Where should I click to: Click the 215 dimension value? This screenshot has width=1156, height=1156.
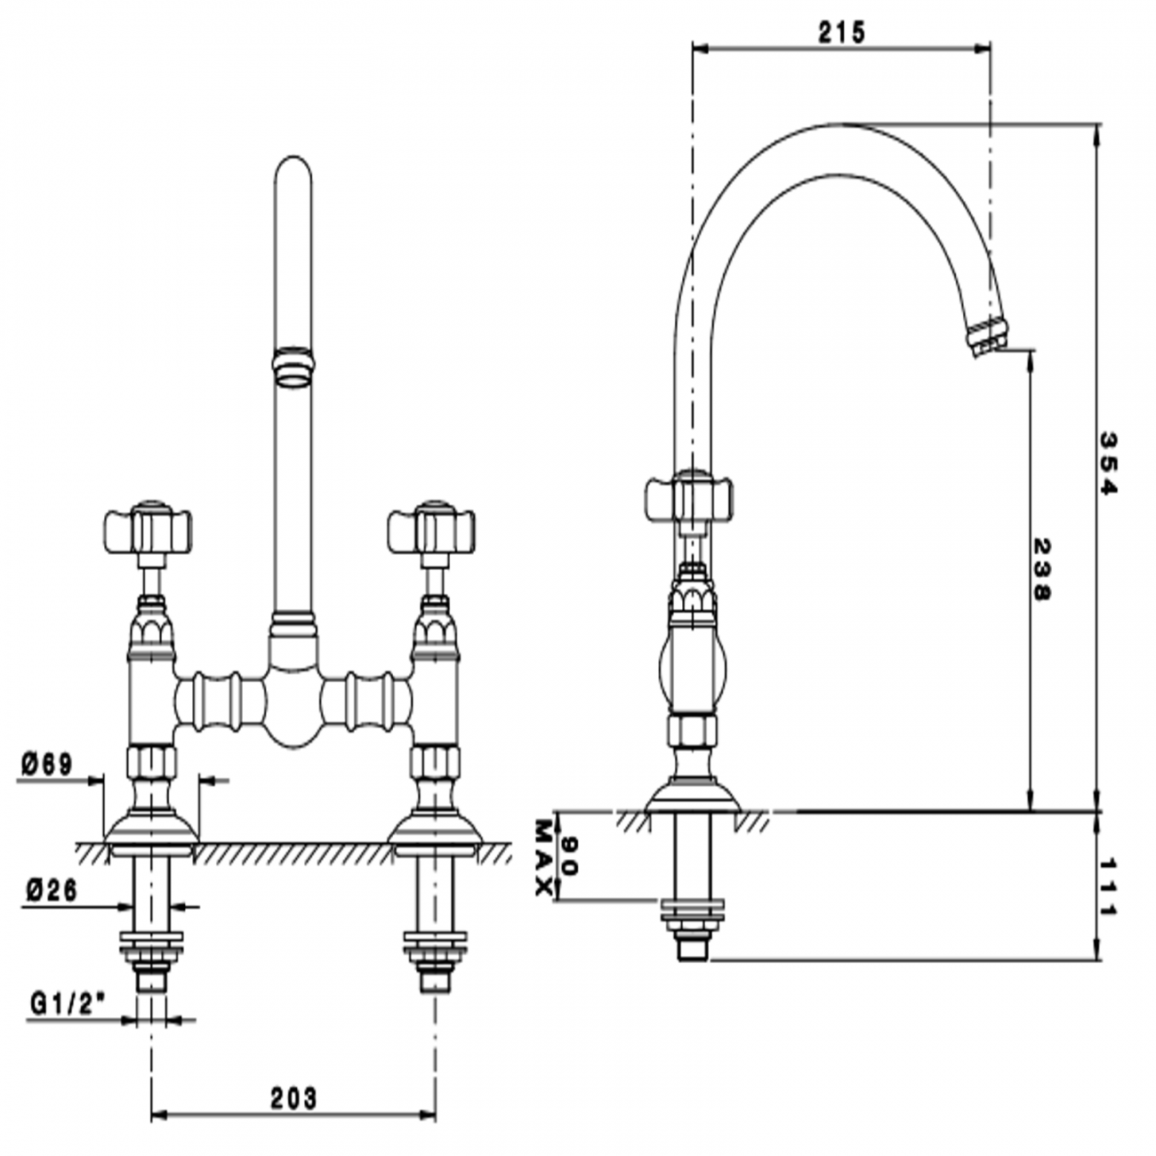[x=841, y=33]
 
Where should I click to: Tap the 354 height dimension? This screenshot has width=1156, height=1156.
[x=1108, y=463]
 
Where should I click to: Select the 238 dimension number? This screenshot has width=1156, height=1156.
[x=1041, y=569]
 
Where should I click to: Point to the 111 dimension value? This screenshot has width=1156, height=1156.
[x=1108, y=887]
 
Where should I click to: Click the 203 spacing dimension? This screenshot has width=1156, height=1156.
[x=293, y=1099]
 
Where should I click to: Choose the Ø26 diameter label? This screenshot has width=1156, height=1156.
[x=51, y=889]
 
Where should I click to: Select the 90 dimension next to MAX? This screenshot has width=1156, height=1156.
[x=570, y=855]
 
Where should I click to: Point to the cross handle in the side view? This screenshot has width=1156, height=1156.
[x=689, y=498]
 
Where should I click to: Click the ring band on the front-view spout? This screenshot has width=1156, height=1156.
[x=293, y=367]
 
